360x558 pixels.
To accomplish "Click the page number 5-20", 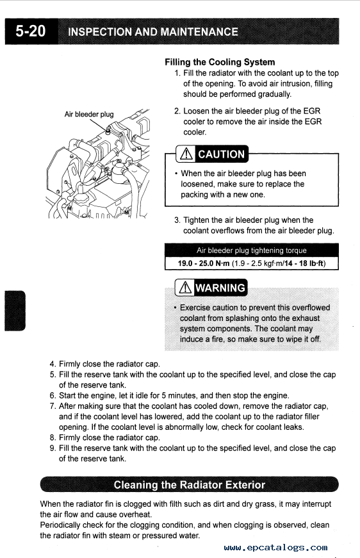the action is pos(31,31).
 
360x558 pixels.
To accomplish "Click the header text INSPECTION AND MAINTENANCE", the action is pos(153,31).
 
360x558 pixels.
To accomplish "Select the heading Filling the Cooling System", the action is pos(220,62).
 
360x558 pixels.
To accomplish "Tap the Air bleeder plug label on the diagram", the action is pos(89,114).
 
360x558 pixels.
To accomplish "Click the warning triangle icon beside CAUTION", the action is pos(187,154).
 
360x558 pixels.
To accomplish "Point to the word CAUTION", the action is pos(221,154).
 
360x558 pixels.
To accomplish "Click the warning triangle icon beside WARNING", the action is pos(185,288).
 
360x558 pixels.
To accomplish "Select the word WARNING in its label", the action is pos(220,288).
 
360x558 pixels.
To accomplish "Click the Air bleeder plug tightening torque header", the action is pos(252,250).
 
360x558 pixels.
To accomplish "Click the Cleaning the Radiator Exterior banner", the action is pos(189,485).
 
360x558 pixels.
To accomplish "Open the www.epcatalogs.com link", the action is pos(275,547).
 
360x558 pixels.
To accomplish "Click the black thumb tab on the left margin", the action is pos(15,311).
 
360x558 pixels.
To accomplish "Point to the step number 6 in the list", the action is pos(53,396).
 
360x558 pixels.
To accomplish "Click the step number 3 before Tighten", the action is pos(177,220).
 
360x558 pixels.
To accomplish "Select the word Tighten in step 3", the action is pos(196,220).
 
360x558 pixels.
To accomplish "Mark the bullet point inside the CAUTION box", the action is pos(176,174).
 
